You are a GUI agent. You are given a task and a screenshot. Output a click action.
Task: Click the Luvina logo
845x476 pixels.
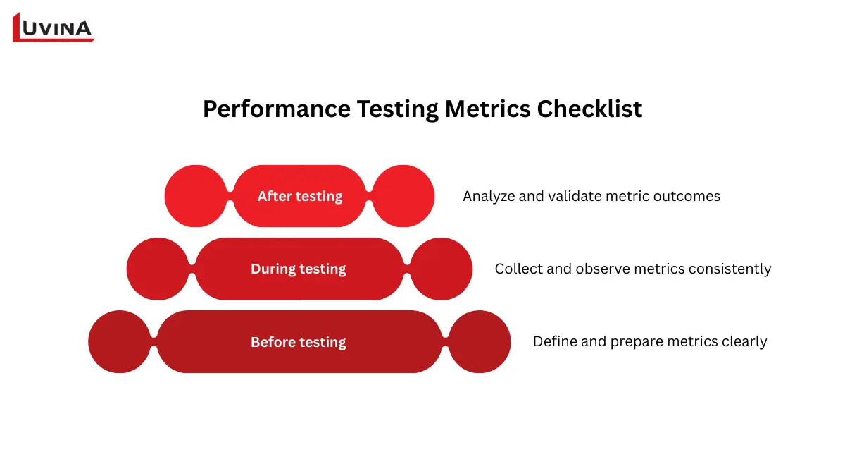pyautogui.click(x=54, y=28)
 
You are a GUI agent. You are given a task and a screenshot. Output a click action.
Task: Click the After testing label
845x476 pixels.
pyautogui.click(x=300, y=196)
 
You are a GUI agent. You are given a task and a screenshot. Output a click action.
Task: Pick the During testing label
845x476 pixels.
pyautogui.click(x=299, y=269)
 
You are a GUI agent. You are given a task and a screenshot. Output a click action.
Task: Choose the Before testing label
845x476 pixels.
pyautogui.click(x=299, y=342)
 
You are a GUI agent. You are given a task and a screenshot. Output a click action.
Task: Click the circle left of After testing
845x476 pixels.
pyautogui.click(x=196, y=196)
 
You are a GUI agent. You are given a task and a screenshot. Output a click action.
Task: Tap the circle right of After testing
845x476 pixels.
pyautogui.click(x=403, y=196)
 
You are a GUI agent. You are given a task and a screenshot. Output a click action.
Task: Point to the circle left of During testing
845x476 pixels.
pyautogui.click(x=158, y=269)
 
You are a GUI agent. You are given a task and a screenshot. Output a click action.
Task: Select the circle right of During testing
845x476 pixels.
pyautogui.click(x=442, y=269)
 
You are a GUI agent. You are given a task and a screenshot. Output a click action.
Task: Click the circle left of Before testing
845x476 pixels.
pyautogui.click(x=119, y=342)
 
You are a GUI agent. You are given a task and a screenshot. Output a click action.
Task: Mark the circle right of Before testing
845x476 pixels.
pyautogui.click(x=480, y=342)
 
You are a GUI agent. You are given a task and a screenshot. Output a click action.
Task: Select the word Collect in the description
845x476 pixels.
pyautogui.click(x=518, y=269)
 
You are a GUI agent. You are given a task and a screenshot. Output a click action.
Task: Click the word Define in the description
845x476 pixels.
pyautogui.click(x=554, y=341)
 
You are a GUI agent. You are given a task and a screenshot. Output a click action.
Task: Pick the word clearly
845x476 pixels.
pyautogui.click(x=744, y=341)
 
